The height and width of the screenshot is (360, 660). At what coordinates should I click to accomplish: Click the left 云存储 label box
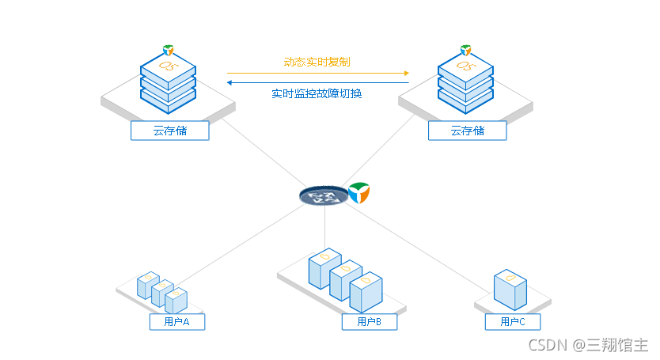tap(170, 131)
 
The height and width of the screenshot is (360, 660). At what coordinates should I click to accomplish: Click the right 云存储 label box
tap(467, 131)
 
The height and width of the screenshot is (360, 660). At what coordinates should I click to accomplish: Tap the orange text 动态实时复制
tap(317, 63)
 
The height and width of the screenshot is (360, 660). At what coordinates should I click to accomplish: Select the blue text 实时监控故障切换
tap(317, 93)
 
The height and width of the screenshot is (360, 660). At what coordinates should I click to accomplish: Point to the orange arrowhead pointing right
tap(407, 74)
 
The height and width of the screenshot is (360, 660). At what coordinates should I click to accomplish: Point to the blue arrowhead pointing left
tap(229, 82)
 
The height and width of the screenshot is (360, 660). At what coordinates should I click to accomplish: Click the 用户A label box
tap(177, 322)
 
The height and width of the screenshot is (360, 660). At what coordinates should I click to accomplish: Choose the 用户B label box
tap(369, 322)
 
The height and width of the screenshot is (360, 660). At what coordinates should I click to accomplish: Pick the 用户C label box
tap(513, 322)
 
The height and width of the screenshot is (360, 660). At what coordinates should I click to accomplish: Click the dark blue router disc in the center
tap(324, 195)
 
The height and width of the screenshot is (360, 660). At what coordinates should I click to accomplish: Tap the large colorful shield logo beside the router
tap(359, 193)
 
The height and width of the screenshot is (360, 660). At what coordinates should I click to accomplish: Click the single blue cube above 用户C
tap(510, 290)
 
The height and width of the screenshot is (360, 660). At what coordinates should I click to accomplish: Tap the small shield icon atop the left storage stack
tap(169, 50)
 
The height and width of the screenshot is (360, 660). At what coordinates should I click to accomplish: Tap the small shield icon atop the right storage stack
tap(465, 50)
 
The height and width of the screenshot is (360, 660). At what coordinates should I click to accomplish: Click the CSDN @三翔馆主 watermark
tap(588, 345)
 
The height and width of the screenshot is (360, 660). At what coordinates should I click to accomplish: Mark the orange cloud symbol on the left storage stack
tap(169, 66)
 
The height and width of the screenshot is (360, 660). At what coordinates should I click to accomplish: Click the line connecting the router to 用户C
tap(418, 248)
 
